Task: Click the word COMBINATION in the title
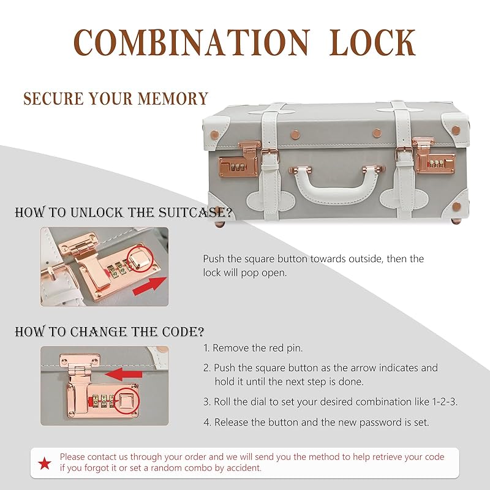pos(192,43)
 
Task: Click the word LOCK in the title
pos(372,43)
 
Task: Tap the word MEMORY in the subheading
pos(173,99)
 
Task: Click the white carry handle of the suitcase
pos(338,184)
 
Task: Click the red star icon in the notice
pos(45,463)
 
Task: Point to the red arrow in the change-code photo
pos(124,374)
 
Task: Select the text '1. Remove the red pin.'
pos(253,348)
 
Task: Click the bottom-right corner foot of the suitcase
pos(456,221)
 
